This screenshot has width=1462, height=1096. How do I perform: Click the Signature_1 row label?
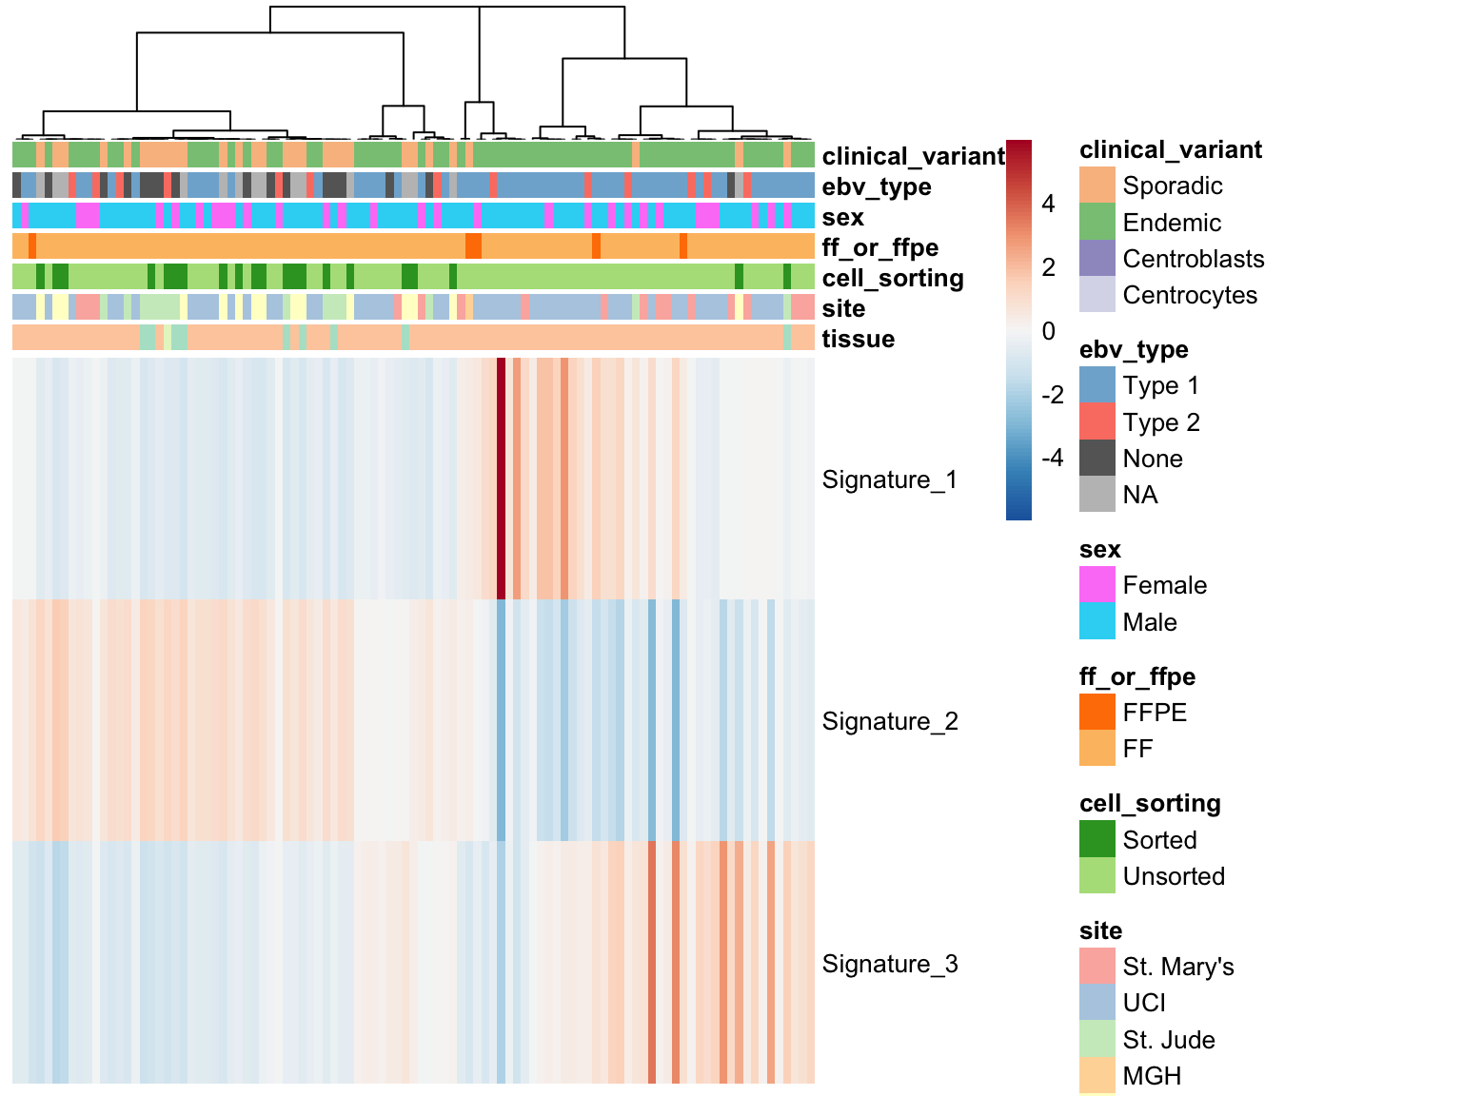pos(889,479)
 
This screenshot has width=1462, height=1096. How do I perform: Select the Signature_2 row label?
pos(890,721)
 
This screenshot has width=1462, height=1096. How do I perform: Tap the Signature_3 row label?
pos(890,964)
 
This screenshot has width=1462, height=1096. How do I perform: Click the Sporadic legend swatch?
pos(1097,185)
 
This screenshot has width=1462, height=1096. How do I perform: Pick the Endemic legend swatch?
pos(1097,222)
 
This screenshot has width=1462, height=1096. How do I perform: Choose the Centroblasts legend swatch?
pos(1097,258)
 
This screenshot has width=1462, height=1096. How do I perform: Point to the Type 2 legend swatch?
pos(1097,421)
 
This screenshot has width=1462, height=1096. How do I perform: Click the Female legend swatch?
pos(1097,585)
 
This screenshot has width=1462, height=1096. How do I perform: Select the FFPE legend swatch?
pos(1097,712)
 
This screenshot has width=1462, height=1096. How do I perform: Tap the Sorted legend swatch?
pos(1097,839)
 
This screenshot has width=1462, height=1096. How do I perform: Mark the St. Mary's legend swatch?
pos(1097,967)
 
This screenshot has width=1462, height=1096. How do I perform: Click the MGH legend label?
pos(1153,1075)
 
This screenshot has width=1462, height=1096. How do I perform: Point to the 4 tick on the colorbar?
pos(1048,204)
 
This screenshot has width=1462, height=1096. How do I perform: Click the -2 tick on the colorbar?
pos(1053,395)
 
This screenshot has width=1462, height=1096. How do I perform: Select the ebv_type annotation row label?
pos(877,187)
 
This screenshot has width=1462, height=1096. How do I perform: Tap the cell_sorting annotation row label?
pos(893,278)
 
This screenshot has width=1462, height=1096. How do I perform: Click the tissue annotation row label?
pos(858,340)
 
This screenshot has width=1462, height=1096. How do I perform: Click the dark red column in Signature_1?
pos(501,479)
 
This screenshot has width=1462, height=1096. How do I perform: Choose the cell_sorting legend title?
pos(1151,803)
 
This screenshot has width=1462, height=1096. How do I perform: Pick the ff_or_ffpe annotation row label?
pos(879,247)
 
